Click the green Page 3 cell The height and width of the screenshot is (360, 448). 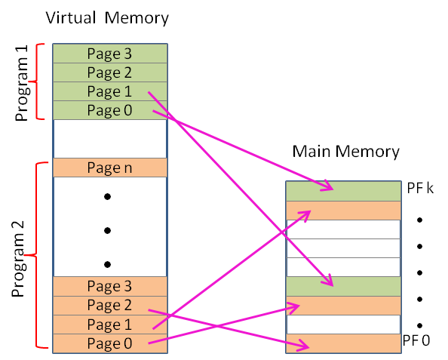[109, 54]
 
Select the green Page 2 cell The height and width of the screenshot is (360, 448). [109, 72]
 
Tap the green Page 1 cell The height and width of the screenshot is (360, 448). [109, 91]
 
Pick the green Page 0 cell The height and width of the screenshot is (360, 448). [109, 110]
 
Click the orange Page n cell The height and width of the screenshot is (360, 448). [109, 168]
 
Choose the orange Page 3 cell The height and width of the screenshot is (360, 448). [109, 286]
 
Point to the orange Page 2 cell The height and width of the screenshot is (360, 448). [109, 306]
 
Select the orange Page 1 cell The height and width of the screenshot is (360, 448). [109, 325]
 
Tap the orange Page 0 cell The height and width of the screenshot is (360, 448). [109, 343]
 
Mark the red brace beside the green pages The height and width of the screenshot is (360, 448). [35, 81]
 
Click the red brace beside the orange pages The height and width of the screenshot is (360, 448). [32, 255]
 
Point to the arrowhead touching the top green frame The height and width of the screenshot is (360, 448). [327, 186]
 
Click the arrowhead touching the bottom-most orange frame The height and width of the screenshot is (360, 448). [304, 346]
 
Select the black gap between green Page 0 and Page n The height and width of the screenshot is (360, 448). [109, 138]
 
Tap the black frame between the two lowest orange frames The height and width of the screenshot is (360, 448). [343, 325]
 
